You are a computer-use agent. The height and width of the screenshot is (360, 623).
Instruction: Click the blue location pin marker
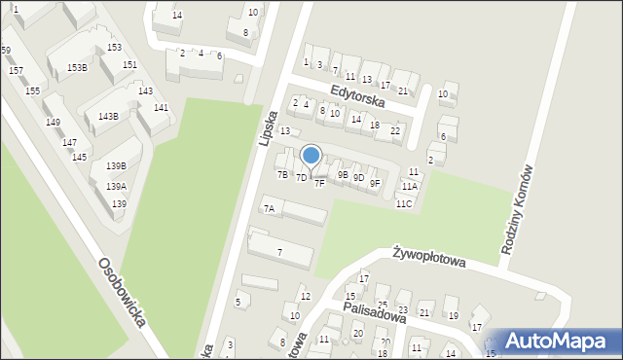click(x=311, y=156)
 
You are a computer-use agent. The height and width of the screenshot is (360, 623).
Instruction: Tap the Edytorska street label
click(x=357, y=94)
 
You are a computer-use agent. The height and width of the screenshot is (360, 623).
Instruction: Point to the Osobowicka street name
click(x=122, y=292)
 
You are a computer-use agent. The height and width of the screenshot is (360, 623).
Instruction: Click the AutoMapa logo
click(x=558, y=341)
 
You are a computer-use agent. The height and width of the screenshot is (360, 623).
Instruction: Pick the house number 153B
click(x=77, y=67)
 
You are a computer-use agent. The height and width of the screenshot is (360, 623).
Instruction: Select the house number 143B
click(x=108, y=117)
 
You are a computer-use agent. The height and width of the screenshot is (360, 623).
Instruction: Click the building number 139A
click(x=116, y=186)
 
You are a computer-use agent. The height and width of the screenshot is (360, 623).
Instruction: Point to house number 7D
click(x=302, y=178)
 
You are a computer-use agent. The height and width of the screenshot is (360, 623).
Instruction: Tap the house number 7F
click(x=319, y=184)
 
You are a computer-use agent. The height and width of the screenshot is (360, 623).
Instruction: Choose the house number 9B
click(x=342, y=175)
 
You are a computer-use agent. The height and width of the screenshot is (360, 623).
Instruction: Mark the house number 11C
click(x=403, y=204)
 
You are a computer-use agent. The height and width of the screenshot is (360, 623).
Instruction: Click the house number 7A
click(x=270, y=209)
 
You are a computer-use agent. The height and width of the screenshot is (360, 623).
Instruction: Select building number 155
click(x=32, y=90)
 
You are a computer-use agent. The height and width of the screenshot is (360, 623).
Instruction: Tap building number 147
click(x=69, y=143)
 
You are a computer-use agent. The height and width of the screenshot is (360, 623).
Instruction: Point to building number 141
click(x=161, y=108)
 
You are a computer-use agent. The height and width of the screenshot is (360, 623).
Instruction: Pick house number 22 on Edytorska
click(x=394, y=130)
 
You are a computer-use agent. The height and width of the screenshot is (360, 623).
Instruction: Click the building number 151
click(x=129, y=65)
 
